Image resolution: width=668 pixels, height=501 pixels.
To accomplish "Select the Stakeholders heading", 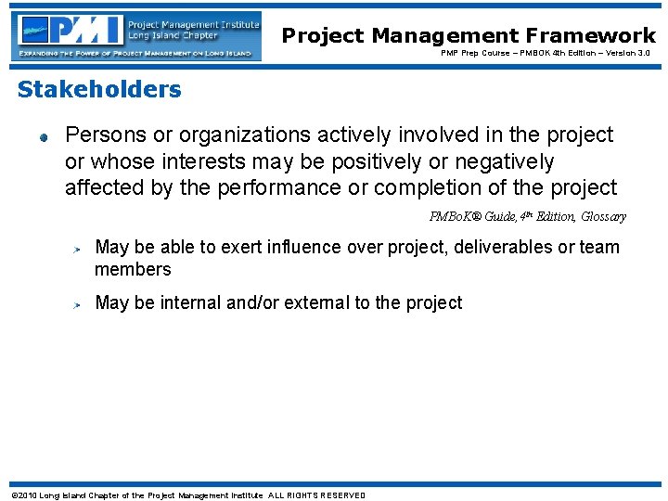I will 99,90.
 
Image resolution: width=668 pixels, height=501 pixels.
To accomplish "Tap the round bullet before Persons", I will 43,136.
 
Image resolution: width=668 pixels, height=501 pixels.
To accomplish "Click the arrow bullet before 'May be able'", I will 80,249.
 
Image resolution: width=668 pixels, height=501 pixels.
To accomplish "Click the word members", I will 133,270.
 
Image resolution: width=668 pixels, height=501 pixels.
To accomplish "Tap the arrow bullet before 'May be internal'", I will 80,304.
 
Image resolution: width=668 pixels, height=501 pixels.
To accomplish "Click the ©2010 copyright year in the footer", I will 24,495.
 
